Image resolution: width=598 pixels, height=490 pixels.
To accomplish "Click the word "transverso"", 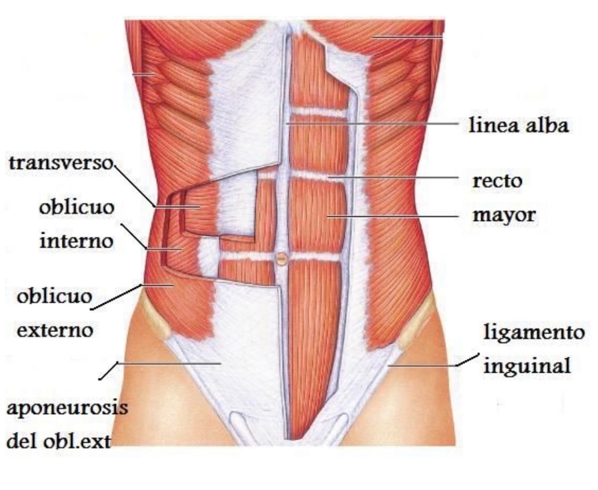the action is click(61, 163).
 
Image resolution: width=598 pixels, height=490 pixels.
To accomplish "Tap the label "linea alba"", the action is click(519, 125).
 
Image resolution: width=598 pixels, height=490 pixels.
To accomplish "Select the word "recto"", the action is click(498, 181).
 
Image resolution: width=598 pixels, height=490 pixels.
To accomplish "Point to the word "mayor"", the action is click(504, 215).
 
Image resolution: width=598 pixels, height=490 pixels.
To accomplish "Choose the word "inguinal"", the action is click(527, 365).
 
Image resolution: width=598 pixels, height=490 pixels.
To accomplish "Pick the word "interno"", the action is click(76, 241).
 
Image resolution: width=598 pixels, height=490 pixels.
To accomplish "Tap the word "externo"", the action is click(55, 331).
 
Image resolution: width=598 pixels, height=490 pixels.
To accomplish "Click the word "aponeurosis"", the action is click(67, 408).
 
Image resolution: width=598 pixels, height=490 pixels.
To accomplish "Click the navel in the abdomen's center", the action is click(282, 258).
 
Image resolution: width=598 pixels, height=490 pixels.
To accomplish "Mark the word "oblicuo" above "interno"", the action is click(77, 207).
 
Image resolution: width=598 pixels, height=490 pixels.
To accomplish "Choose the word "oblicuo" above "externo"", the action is click(54, 297).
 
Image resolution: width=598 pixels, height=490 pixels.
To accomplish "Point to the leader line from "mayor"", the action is click(394, 216).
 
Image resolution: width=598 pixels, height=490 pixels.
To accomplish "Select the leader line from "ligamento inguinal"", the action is click(426, 366).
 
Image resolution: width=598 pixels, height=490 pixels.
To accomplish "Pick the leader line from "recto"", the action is click(394, 177).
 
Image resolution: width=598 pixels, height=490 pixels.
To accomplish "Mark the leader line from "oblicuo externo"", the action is click(117, 297).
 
